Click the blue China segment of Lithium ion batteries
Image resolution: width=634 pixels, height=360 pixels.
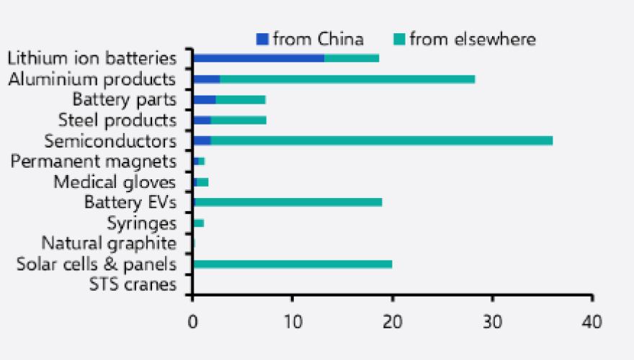click(258, 58)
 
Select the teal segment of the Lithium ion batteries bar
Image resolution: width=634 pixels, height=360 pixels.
click(352, 58)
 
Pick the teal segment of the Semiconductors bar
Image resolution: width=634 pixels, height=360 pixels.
click(381, 140)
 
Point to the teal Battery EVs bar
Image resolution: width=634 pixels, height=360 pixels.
click(288, 202)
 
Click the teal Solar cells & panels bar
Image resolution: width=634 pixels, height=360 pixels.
click(293, 264)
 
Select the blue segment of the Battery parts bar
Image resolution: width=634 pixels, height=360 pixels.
click(204, 99)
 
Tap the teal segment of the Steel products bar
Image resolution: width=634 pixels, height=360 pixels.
click(238, 120)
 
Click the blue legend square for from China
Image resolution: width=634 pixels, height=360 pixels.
click(262, 39)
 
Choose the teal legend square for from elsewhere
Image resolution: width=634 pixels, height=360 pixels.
click(399, 39)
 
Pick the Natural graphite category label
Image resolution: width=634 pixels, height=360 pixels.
click(109, 243)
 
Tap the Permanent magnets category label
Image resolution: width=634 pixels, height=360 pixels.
click(94, 161)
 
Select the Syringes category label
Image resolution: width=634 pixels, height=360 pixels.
click(141, 223)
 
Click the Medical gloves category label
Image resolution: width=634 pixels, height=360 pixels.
click(115, 182)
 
